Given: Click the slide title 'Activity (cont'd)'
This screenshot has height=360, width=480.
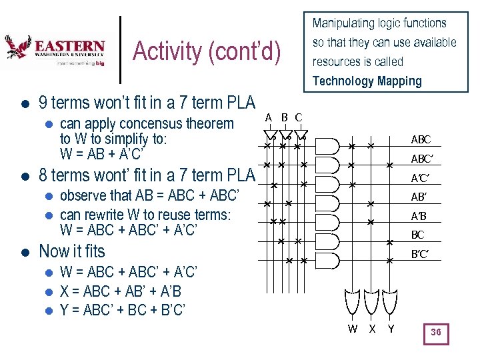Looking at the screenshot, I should pyautogui.click(x=207, y=51).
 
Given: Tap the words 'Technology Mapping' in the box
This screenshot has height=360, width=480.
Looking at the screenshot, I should pyautogui.click(x=367, y=81).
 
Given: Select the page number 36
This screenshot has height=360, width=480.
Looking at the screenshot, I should pyautogui.click(x=436, y=332).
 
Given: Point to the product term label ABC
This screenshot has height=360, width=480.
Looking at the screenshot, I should pyautogui.click(x=421, y=140).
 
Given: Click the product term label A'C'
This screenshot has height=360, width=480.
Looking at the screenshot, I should pyautogui.click(x=420, y=178).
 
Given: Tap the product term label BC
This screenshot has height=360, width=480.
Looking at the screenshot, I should pyautogui.click(x=418, y=235).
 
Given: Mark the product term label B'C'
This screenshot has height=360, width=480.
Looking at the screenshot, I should pyautogui.click(x=419, y=254).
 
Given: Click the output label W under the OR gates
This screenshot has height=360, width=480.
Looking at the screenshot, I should pyautogui.click(x=353, y=328).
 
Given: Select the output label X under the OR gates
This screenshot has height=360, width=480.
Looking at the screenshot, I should pyautogui.click(x=372, y=328).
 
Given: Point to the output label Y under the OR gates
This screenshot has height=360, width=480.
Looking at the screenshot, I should pyautogui.click(x=391, y=328).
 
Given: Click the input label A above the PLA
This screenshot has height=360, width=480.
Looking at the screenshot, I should pyautogui.click(x=268, y=118).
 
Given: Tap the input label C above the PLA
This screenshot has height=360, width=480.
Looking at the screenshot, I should pyautogui.click(x=298, y=118).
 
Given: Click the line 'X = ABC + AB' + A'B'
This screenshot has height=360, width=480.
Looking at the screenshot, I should pyautogui.click(x=121, y=291).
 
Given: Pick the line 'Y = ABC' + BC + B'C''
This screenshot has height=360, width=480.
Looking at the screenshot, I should pyautogui.click(x=123, y=310).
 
